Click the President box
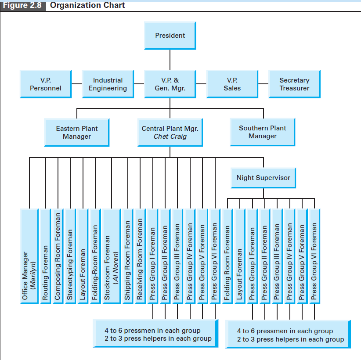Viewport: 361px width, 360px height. (170, 35)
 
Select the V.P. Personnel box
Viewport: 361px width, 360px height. (45, 84)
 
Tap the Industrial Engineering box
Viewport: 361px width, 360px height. (108, 84)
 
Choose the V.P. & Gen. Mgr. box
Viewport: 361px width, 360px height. (170, 84)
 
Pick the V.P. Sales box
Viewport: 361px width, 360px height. (232, 84)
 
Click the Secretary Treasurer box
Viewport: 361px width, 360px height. (294, 84)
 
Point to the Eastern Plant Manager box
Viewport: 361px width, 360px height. (77, 132)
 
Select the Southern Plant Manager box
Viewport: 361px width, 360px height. (262, 132)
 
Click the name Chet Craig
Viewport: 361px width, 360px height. (170, 137)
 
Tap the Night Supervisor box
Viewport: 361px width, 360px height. (263, 178)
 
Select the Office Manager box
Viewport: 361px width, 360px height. (29, 256)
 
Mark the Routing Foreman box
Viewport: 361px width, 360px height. (45, 256)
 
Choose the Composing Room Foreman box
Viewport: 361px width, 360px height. (58, 256)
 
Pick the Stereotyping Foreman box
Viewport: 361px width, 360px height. (70, 256)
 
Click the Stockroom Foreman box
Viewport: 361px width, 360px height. (111, 256)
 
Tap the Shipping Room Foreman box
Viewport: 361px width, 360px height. (127, 256)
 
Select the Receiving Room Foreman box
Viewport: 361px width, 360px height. (140, 256)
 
